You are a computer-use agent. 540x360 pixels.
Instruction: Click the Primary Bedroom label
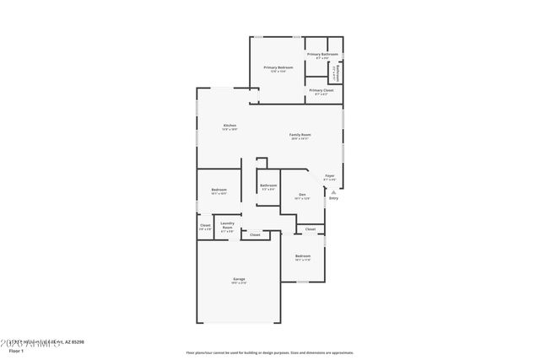pyautogui.click(x=278, y=67)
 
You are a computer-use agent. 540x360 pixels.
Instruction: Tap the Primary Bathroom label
pyautogui.click(x=322, y=54)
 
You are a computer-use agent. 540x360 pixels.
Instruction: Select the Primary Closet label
pyautogui.click(x=321, y=90)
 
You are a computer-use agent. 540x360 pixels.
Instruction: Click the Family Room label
pyautogui.click(x=301, y=135)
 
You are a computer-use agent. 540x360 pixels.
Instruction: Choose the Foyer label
pyautogui.click(x=330, y=176)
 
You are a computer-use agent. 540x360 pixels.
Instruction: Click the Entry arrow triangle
pyautogui.click(x=333, y=192)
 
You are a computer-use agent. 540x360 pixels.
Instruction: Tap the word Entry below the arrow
pyautogui.click(x=333, y=199)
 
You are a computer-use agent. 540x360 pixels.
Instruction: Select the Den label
pyautogui.click(x=302, y=195)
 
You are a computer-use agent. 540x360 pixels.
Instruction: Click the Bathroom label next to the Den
pyautogui.click(x=268, y=185)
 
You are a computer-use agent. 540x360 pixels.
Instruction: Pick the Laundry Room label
pyautogui.click(x=227, y=225)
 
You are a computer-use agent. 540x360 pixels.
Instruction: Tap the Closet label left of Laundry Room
pyautogui.click(x=205, y=225)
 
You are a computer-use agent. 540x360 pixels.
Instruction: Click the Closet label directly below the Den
pyautogui.click(x=310, y=229)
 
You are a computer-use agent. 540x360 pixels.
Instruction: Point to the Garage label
pyautogui.click(x=240, y=279)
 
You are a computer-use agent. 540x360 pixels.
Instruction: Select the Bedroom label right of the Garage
pyautogui.click(x=303, y=256)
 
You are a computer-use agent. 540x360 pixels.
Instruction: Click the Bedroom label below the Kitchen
pyautogui.click(x=219, y=190)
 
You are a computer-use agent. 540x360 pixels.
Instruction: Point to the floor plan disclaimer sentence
pyautogui.click(x=269, y=352)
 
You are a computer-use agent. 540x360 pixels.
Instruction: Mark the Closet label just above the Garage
pyautogui.click(x=255, y=235)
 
